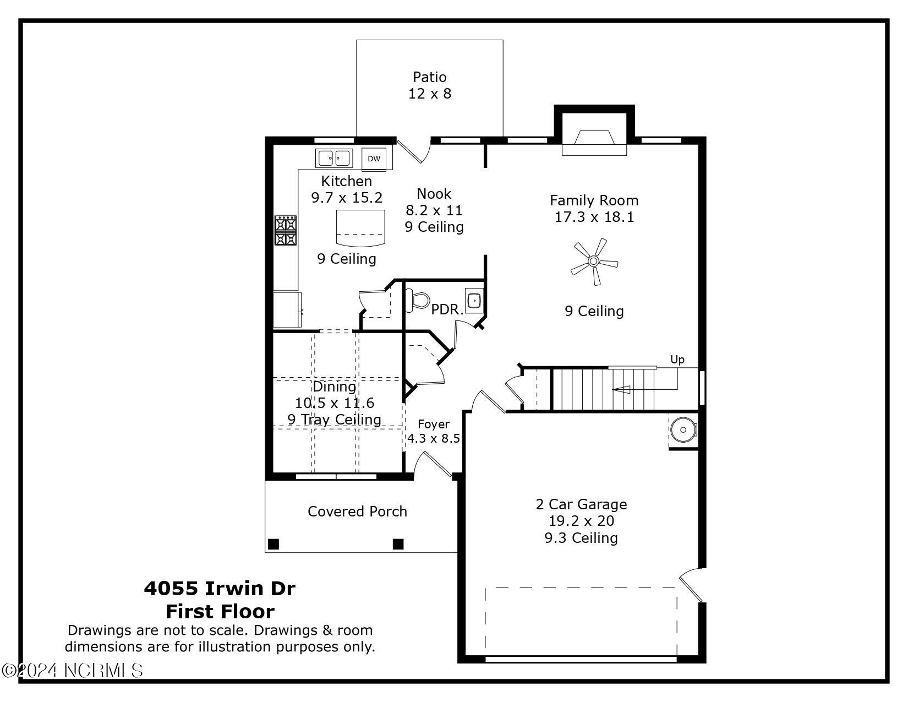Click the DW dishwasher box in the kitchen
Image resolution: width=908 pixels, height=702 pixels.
click(x=374, y=159)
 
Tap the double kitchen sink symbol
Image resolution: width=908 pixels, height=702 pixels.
click(x=333, y=158)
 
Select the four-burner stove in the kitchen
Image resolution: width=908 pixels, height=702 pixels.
click(x=286, y=230)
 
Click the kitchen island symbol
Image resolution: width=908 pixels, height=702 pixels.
click(x=360, y=228)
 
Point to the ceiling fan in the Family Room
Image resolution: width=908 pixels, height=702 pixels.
click(x=594, y=261)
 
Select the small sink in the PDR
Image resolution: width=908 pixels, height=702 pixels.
click(x=474, y=301)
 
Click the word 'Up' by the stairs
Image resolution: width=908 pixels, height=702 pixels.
click(x=677, y=360)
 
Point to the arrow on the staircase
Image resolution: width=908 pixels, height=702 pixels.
click(x=622, y=390)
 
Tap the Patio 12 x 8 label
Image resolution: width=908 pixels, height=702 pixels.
click(x=430, y=85)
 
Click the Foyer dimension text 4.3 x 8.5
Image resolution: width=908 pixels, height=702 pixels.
click(x=434, y=439)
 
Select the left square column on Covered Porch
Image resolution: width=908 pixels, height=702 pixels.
click(x=274, y=544)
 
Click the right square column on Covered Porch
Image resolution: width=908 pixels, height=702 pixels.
click(x=398, y=544)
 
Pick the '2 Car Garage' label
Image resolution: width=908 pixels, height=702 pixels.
click(x=581, y=504)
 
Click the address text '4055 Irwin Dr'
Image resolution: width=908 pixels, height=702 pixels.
click(x=220, y=589)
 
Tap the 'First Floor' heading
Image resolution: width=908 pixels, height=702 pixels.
click(x=220, y=612)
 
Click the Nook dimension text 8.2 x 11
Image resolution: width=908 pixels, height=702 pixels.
click(x=434, y=210)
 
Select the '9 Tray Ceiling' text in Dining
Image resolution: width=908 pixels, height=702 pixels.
click(x=334, y=420)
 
